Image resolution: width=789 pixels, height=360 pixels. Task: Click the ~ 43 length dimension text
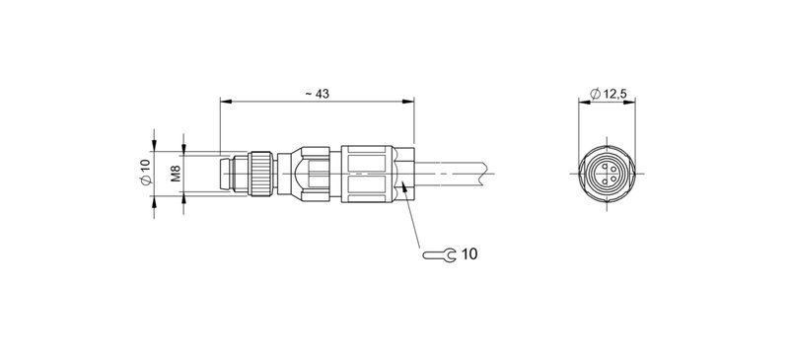[317, 93]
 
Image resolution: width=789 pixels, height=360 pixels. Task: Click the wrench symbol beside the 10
[439, 254]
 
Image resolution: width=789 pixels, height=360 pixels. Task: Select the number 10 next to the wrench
[468, 254]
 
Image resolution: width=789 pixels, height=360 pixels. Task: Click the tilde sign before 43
[308, 93]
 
